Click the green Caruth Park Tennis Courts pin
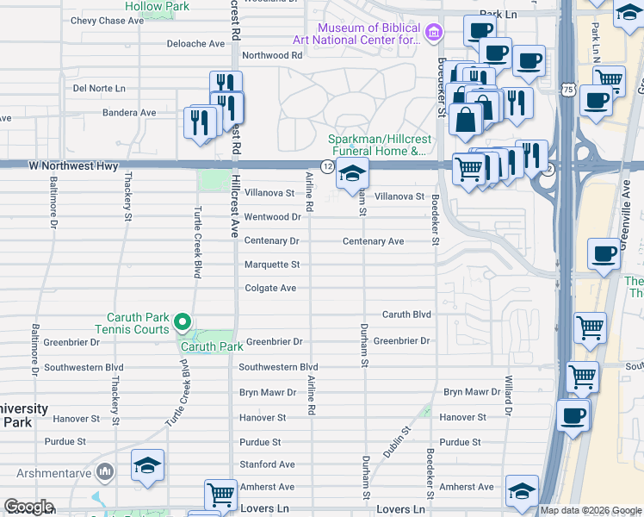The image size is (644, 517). point(182,323)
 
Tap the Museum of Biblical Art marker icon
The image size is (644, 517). point(433,34)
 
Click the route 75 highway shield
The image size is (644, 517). point(567,90)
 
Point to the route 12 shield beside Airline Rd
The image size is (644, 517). point(327,165)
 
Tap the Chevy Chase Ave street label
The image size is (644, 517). point(107,21)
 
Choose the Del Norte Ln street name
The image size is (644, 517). point(99,88)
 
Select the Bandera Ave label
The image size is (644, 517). point(129,112)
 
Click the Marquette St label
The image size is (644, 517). point(272,265)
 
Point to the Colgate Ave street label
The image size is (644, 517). point(270,288)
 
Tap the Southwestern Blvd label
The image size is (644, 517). point(278,367)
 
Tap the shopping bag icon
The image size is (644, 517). point(466,120)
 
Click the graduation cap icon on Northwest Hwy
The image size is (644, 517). point(352,173)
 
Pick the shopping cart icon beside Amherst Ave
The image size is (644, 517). point(220,495)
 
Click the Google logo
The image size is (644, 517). point(28,507)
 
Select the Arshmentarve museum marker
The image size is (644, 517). point(105,471)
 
